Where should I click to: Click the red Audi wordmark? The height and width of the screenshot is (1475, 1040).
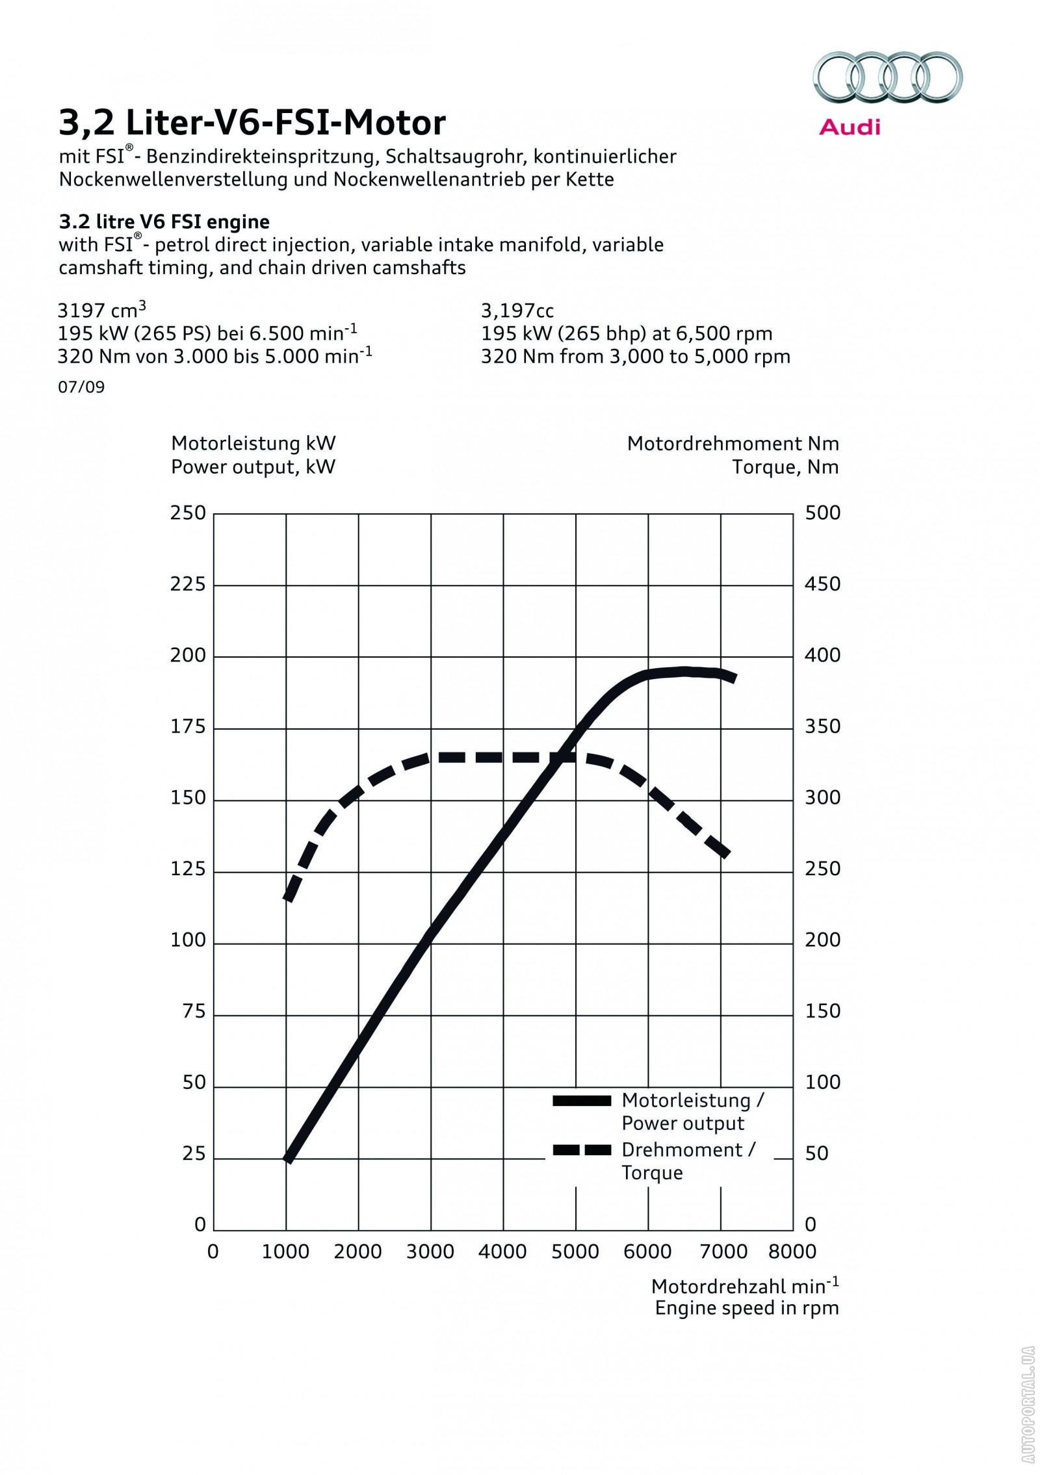click(850, 127)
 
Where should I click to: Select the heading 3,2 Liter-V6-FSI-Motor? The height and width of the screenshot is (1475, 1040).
click(252, 122)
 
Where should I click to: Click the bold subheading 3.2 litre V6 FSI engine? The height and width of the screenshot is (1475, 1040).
click(164, 222)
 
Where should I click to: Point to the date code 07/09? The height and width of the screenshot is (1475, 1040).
click(81, 387)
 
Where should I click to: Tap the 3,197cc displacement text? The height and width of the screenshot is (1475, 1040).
click(517, 311)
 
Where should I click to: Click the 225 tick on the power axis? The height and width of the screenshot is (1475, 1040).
click(188, 584)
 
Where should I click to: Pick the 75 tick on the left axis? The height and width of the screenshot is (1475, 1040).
click(194, 1011)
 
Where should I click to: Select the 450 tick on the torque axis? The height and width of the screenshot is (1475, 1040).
click(822, 584)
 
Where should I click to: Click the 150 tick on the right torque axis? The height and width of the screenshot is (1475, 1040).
click(822, 1011)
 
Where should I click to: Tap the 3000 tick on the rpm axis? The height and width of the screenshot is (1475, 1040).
click(430, 1251)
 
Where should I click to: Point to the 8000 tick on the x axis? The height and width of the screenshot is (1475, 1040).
click(792, 1251)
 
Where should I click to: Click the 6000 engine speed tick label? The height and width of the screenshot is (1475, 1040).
click(647, 1251)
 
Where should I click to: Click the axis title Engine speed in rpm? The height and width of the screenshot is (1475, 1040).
click(747, 1307)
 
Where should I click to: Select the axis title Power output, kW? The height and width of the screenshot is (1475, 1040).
click(253, 467)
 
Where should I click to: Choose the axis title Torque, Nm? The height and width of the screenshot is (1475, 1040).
click(785, 467)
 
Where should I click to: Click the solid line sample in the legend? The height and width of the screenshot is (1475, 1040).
click(582, 1101)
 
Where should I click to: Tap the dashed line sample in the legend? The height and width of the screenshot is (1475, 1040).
click(582, 1150)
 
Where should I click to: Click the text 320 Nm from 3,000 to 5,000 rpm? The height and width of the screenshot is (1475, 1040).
click(635, 356)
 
